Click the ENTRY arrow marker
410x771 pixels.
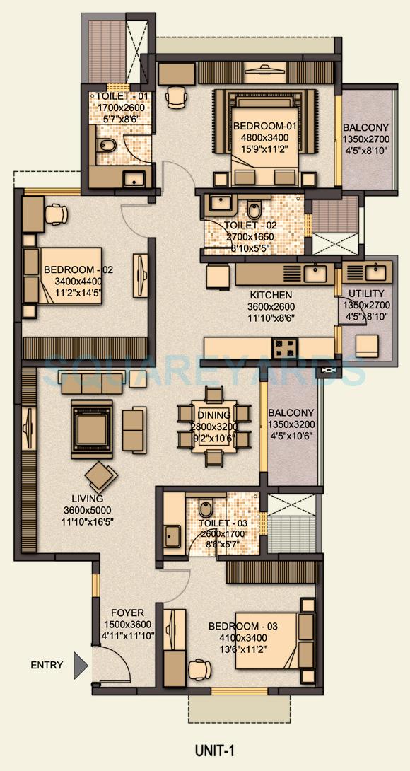coord(81,665)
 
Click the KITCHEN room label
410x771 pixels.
coord(270,294)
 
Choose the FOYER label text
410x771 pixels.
coord(127,613)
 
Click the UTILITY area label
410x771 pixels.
coord(366,294)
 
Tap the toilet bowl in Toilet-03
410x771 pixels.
coord(205,509)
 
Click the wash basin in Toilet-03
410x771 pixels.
coord(173,535)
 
